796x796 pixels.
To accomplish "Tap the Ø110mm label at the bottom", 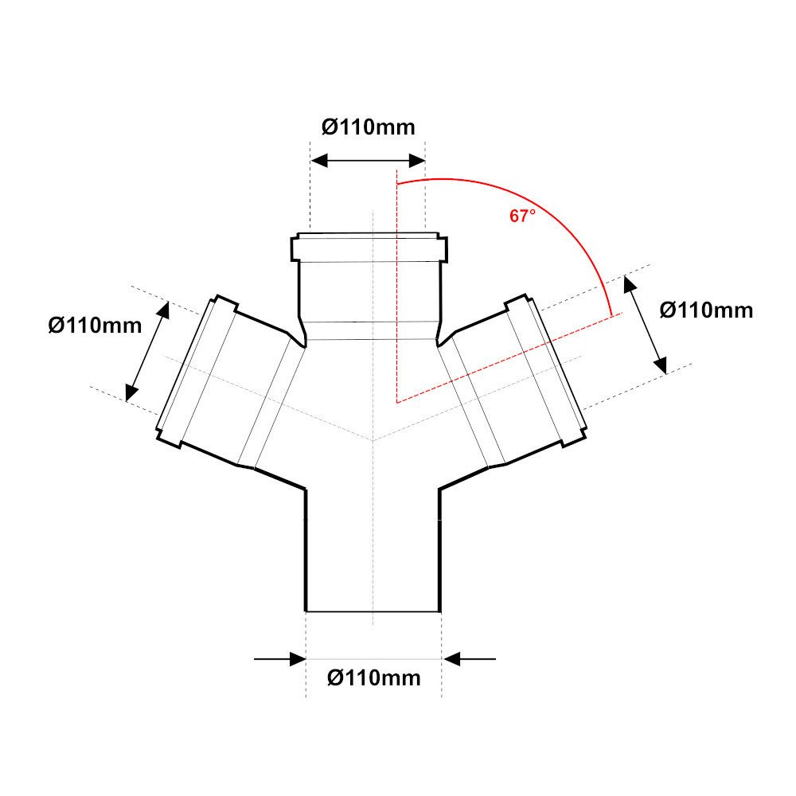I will pos(373,678).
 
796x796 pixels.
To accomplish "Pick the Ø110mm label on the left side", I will pos(95,325).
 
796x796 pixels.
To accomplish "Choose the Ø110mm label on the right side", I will pos(706,310).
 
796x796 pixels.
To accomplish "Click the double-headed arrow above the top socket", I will pos(368,161).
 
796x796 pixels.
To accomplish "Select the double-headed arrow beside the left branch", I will pos(148,350).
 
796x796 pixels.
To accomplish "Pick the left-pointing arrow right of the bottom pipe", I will pos(470,659).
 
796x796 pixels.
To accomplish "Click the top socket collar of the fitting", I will pos(368,248).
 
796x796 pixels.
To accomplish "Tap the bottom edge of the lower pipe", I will pos(373,611).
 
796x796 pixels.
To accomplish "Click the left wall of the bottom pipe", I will pos(306,549).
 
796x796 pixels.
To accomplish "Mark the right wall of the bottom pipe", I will pos(439,549).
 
